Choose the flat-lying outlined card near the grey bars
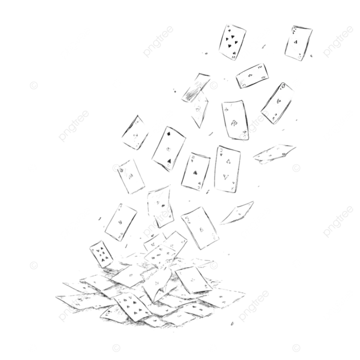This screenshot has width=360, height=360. pos(273,152)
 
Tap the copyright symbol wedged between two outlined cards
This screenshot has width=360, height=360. pos(212,167)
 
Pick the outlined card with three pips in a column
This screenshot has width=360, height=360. pos(168,148)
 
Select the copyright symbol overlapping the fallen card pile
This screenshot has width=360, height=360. pos(117,263)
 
